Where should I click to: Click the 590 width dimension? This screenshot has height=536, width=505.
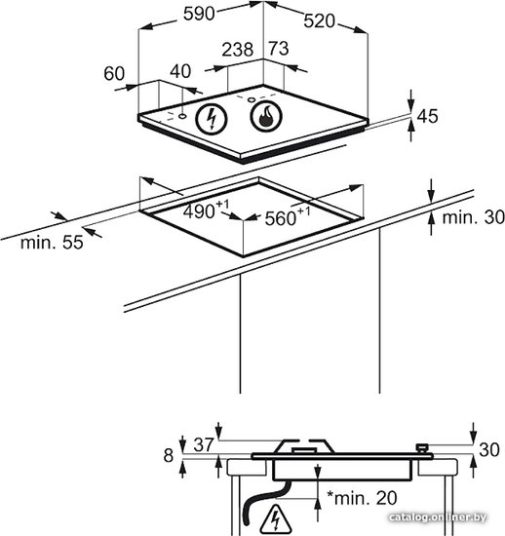199,14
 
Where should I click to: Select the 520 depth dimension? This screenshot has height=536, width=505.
320,21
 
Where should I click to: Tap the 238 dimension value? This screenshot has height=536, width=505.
238,50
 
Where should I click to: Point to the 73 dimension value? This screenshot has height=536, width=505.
278,48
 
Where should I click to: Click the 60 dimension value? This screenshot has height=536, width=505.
114,73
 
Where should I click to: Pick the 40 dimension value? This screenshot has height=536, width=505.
180,71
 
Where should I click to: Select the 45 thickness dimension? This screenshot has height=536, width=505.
427,116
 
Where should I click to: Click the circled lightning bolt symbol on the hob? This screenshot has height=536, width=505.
212,119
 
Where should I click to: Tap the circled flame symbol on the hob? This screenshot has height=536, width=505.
266,116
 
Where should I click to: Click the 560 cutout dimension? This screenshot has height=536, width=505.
288,216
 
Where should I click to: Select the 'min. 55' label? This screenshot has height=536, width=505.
52,243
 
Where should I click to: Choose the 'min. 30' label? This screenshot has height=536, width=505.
474,217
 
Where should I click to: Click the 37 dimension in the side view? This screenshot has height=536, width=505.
204,445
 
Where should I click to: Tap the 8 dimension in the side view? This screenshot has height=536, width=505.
169,456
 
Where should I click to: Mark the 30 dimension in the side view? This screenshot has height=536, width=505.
489,450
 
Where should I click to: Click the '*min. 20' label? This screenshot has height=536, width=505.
362,498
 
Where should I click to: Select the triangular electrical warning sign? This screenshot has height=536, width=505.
276,517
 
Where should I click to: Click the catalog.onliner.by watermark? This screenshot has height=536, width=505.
438,517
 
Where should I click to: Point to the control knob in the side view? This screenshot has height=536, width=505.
422,448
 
